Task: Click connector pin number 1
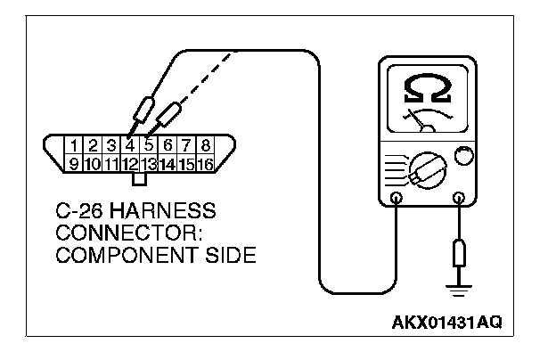[x=78, y=144]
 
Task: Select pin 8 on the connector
[x=205, y=144]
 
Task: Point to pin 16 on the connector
[x=205, y=163]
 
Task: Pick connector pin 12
[x=130, y=163]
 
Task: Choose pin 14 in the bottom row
[x=168, y=163]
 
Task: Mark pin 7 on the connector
[x=187, y=144]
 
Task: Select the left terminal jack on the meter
[x=396, y=198]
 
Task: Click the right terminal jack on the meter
[x=460, y=198]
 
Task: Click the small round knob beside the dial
[x=463, y=157]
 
